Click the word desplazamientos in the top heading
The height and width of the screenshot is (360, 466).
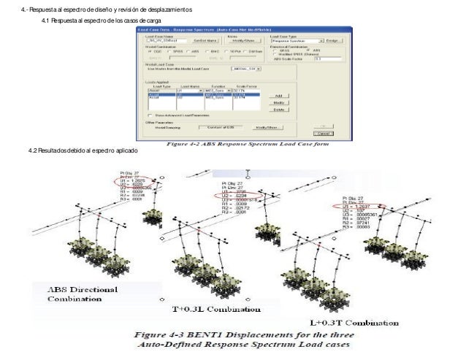tap(169, 8)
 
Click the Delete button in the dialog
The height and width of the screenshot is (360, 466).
tap(278, 110)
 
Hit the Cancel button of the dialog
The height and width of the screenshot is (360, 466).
tap(322, 134)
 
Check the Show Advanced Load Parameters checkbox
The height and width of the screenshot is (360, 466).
tap(149, 115)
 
